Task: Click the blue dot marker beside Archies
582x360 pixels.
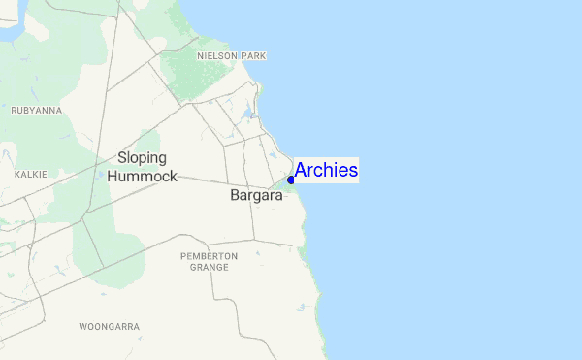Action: click(x=291, y=180)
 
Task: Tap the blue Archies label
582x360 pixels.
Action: click(x=326, y=171)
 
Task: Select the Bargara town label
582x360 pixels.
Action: click(x=256, y=195)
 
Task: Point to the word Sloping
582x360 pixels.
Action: click(x=142, y=157)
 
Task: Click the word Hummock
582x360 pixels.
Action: click(x=142, y=177)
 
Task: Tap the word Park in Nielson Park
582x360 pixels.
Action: click(x=253, y=56)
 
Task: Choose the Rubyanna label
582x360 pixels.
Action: click(x=36, y=111)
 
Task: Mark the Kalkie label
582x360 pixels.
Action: click(x=31, y=174)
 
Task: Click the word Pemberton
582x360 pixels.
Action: click(x=209, y=256)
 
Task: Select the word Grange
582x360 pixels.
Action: click(x=209, y=267)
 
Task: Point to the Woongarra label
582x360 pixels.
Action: click(x=110, y=327)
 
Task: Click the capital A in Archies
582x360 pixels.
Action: click(x=301, y=171)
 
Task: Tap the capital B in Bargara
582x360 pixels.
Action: click(x=235, y=195)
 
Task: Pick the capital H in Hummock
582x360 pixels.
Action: click(x=113, y=177)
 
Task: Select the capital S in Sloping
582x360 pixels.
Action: click(x=121, y=157)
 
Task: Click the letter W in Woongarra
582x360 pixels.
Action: click(x=82, y=327)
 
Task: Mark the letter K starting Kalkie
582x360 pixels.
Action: click(x=18, y=174)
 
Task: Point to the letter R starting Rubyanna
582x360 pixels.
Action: click(x=14, y=111)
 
